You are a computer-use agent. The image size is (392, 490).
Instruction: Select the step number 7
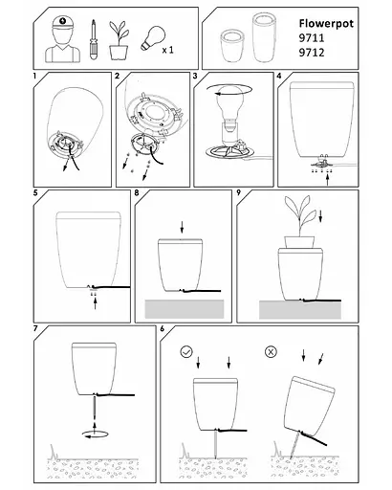point(36,329)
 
